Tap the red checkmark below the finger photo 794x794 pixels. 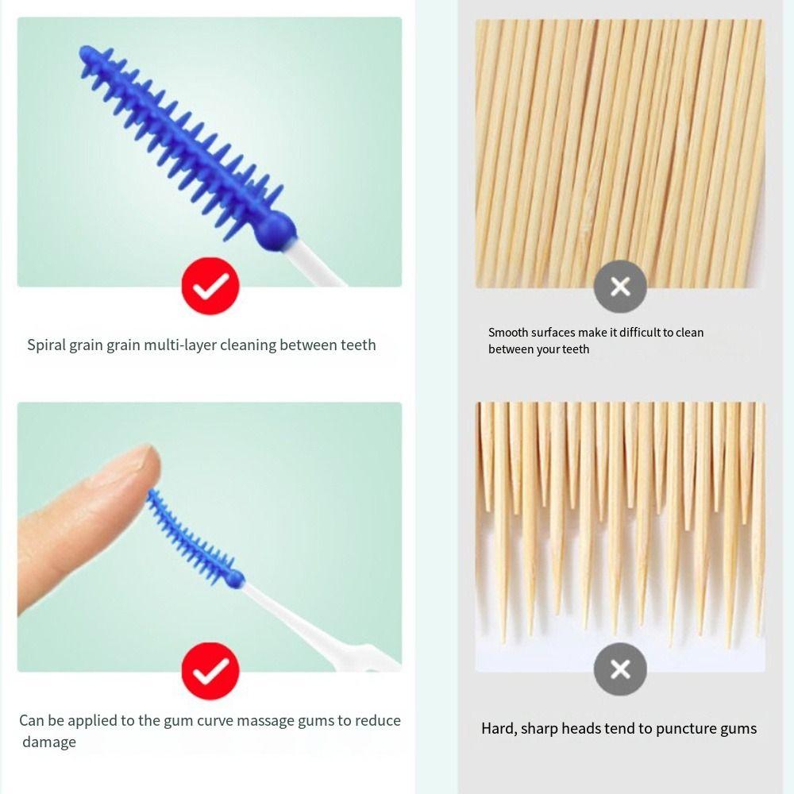point(210,672)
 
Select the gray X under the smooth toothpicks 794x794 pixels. point(620,286)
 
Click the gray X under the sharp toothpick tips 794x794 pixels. point(620,669)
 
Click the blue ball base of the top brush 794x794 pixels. point(276,231)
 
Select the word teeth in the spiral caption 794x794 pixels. point(358,345)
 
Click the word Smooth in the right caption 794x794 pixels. point(509,333)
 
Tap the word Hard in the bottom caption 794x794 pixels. point(498,728)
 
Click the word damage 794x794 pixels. point(49,742)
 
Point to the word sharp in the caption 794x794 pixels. point(540,728)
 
